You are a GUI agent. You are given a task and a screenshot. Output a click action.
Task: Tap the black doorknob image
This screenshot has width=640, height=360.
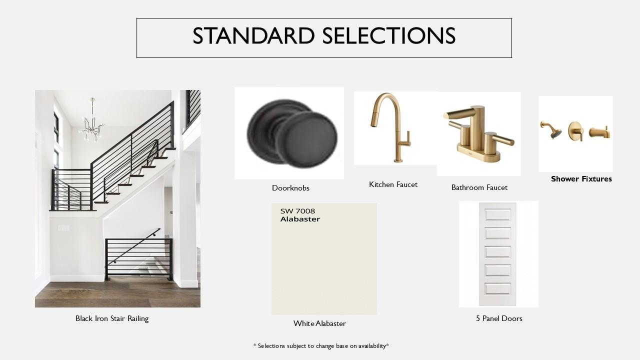[x=291, y=133]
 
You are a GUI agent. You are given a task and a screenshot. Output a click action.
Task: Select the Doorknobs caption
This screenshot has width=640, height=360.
[x=290, y=188]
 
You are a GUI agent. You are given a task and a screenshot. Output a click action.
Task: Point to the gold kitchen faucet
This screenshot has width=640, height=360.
[x=390, y=127]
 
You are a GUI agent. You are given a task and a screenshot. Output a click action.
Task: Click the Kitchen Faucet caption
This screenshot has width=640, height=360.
[x=393, y=184]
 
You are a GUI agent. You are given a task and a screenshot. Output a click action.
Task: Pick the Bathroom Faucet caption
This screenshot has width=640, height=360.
[x=479, y=187]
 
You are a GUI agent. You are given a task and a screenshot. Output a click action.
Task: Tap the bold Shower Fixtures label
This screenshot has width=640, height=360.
[x=581, y=179]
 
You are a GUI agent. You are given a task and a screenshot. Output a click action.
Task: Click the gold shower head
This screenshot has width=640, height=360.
[x=551, y=130]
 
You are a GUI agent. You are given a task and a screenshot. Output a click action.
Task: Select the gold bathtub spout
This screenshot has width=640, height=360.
[x=599, y=132]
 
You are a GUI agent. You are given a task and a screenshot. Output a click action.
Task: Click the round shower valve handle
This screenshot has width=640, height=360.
[x=575, y=131]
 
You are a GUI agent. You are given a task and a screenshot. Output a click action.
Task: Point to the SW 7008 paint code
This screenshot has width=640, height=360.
[x=297, y=211]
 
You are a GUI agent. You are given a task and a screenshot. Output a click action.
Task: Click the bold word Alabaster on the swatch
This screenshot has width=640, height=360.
[x=300, y=219]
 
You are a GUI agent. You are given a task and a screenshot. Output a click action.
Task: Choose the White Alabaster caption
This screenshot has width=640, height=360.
[x=319, y=323]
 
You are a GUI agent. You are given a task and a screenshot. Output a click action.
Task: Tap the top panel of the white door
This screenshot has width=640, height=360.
[x=497, y=215]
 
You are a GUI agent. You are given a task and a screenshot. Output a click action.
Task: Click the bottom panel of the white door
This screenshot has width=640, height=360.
[x=497, y=289]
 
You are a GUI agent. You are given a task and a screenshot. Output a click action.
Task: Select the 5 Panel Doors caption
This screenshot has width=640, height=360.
[x=499, y=318]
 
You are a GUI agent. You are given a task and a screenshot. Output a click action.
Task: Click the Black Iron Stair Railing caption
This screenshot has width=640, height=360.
[x=112, y=318]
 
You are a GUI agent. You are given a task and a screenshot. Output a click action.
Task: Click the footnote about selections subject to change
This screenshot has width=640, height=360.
[x=321, y=346]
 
